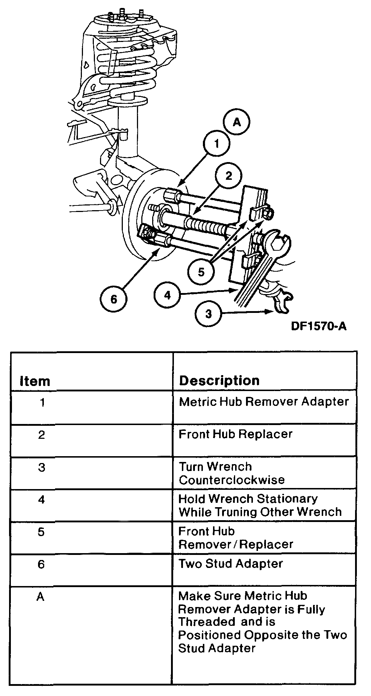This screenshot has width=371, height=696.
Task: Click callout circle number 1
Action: click(216, 144)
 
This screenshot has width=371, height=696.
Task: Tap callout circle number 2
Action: click(228, 176)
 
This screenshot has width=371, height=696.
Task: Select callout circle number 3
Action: click(208, 314)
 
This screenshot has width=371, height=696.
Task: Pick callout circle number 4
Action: click(167, 295)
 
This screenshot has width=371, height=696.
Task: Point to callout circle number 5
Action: click(201, 272)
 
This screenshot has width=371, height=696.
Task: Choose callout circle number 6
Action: click(114, 299)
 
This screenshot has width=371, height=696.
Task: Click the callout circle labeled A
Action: click(237, 123)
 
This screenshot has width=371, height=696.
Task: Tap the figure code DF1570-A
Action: click(318, 326)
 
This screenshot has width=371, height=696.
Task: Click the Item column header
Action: click(35, 381)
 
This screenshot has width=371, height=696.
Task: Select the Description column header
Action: click(219, 380)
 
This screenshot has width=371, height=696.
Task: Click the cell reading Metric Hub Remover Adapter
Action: click(263, 402)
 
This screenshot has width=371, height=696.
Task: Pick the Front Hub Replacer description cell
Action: click(235, 434)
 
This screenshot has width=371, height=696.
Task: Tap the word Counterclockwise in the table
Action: click(232, 480)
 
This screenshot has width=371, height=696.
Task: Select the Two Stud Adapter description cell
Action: click(230, 564)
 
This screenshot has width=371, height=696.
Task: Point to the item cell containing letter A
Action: click(40, 597)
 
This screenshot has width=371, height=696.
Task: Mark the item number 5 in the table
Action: click(41, 532)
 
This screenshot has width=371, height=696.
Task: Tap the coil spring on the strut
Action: click(127, 65)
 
